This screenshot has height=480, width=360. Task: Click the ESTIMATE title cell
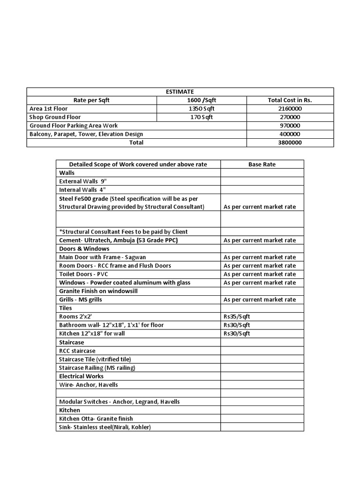(180, 92)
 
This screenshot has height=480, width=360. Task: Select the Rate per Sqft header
(91, 100)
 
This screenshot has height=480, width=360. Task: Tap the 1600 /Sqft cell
(202, 100)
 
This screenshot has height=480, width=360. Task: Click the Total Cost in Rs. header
(290, 100)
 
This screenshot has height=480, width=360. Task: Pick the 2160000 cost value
(290, 109)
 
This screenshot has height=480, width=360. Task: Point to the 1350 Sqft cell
(202, 109)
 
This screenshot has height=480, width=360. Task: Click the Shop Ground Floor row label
(55, 117)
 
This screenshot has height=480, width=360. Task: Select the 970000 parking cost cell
(290, 126)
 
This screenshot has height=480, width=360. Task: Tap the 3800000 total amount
(290, 142)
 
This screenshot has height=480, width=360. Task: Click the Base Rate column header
(262, 165)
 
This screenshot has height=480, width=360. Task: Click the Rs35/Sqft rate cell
(237, 316)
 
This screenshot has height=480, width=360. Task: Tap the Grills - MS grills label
(81, 300)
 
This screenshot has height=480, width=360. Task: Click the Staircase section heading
(72, 343)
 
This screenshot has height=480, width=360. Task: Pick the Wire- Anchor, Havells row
(89, 385)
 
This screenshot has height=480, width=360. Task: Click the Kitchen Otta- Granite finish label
(96, 419)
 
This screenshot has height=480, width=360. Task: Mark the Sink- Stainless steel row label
(105, 427)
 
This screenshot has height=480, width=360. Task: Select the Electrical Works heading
(82, 376)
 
